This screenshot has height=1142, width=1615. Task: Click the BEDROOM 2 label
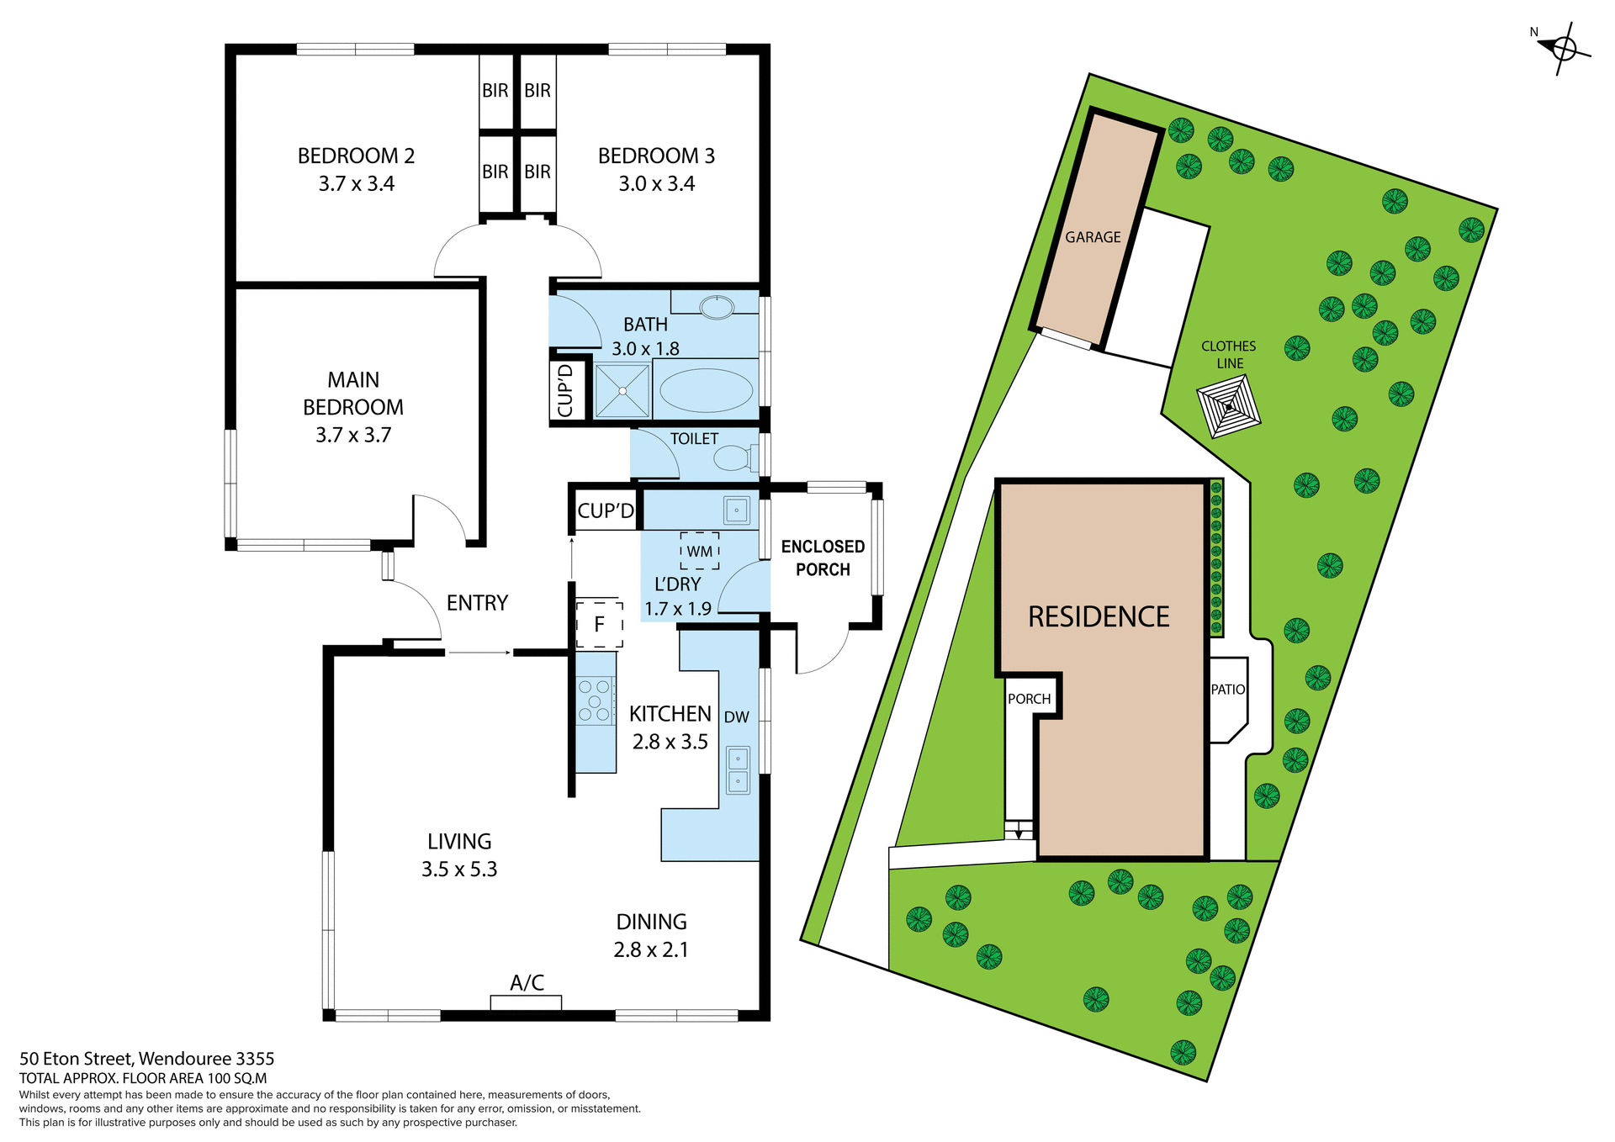point(356,156)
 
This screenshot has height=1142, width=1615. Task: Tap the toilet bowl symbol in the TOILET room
point(731,458)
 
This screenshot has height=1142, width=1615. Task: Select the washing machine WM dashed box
point(700,551)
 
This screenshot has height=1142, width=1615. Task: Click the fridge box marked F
point(600,624)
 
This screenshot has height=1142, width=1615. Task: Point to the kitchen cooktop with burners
point(595,701)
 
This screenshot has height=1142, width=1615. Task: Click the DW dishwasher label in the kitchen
point(736,717)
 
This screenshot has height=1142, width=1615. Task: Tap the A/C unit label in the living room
point(527,983)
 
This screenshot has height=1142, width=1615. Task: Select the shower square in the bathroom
point(622,390)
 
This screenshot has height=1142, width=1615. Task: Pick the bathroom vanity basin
point(717,307)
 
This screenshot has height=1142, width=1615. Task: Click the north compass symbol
point(1563,49)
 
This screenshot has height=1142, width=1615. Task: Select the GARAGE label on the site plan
point(1093,238)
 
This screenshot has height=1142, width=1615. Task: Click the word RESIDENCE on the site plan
point(1099,617)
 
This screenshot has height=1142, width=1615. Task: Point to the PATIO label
point(1228,690)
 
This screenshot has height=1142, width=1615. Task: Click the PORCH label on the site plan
point(1029,699)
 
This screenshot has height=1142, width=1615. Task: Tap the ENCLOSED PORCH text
point(823,558)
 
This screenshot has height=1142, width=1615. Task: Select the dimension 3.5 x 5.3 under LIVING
point(459,870)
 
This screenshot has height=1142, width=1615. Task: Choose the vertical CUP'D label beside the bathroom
point(564,390)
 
